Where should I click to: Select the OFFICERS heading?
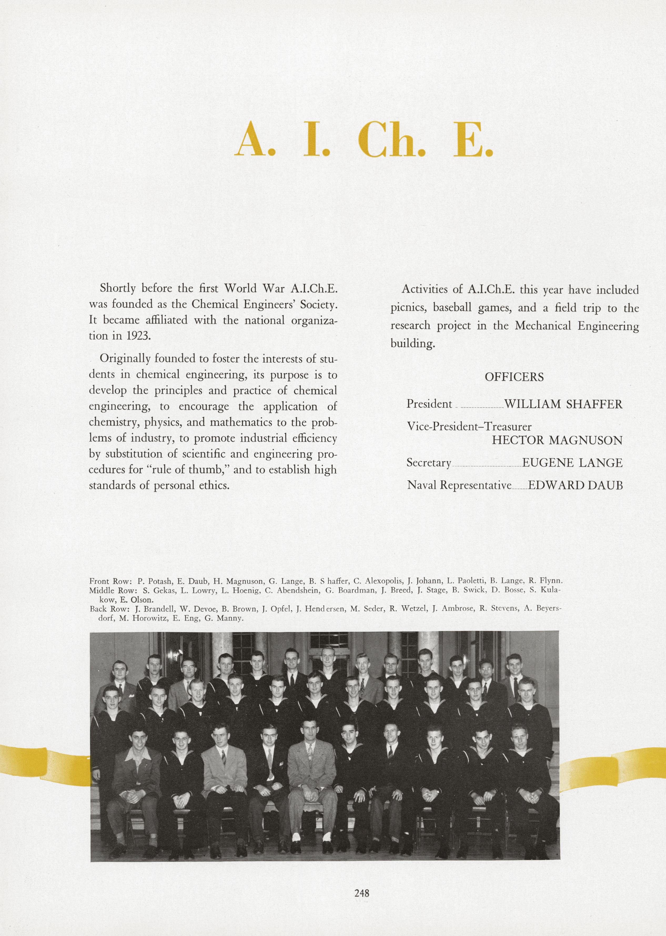coord(514,377)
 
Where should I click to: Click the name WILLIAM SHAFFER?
coord(563,404)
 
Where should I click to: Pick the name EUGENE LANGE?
coord(572,463)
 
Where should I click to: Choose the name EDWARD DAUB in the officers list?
coord(575,485)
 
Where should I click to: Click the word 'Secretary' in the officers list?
coord(428,463)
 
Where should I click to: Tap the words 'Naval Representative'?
coord(459,485)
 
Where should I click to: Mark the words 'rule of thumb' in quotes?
coord(192,469)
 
